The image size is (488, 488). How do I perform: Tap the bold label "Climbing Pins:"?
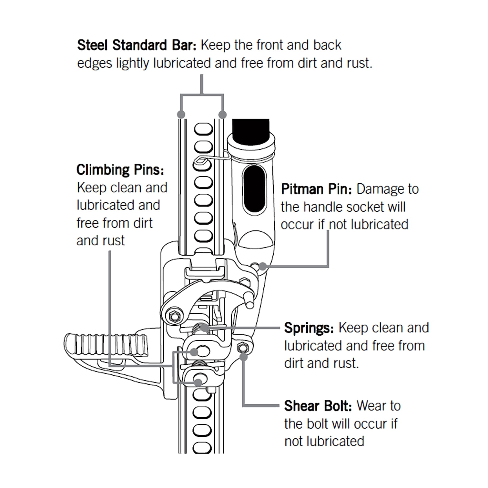[120, 170]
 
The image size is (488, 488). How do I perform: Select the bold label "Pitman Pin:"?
[316, 189]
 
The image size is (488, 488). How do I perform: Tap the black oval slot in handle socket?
[255, 188]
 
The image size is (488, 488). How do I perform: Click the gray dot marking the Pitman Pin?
[263, 266]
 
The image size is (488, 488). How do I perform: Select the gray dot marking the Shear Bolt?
[244, 357]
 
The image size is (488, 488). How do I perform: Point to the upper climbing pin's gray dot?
[194, 352]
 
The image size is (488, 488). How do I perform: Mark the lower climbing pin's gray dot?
[199, 382]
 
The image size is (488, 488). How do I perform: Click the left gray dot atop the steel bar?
[181, 114]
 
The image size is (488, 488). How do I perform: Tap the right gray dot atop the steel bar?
[223, 114]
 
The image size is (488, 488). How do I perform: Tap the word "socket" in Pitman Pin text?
[368, 207]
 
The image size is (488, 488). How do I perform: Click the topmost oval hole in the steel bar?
[203, 130]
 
